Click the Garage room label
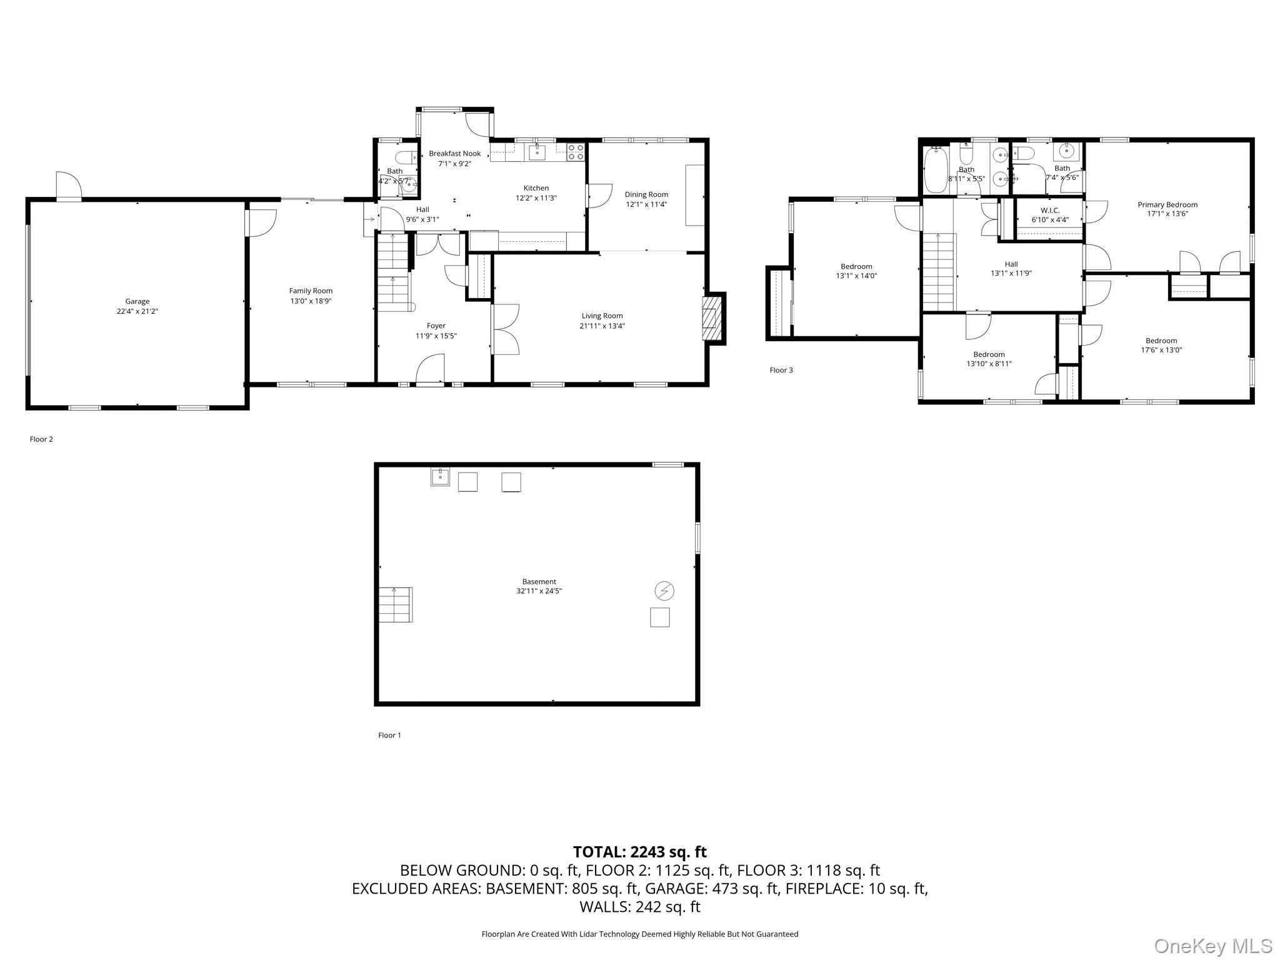click(137, 301)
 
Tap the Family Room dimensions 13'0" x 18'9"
click(311, 301)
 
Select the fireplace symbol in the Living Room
click(711, 318)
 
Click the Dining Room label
click(646, 194)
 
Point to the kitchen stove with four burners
click(576, 151)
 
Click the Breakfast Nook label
click(454, 154)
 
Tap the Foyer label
click(436, 326)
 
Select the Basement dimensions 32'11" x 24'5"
click(539, 591)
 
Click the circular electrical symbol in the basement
click(664, 590)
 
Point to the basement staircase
click(395, 604)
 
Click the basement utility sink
click(440, 477)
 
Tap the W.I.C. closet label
click(1050, 211)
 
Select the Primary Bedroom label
click(1167, 204)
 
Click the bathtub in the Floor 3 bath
click(936, 170)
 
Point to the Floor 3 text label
click(781, 370)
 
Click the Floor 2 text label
click(41, 439)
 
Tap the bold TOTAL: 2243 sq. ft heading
click(639, 852)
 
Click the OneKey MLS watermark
click(1212, 946)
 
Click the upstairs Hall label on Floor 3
click(1011, 264)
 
